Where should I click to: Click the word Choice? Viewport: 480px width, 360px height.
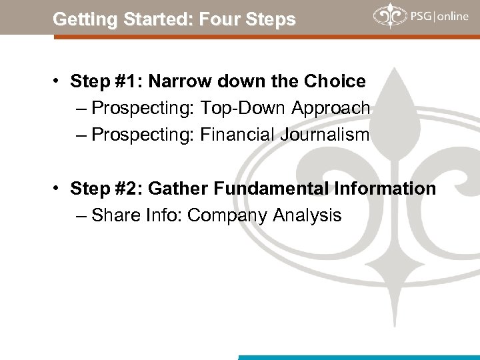(335, 82)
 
